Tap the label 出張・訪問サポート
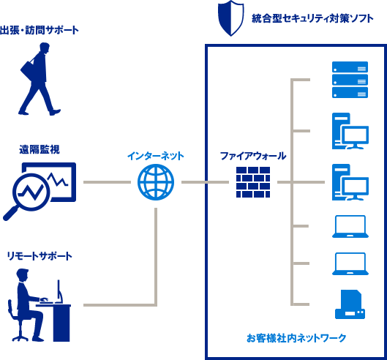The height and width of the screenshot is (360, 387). (x=40, y=31)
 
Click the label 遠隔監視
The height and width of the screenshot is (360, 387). (x=40, y=149)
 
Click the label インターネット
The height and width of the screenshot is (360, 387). (x=156, y=156)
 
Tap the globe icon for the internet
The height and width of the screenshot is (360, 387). (x=156, y=181)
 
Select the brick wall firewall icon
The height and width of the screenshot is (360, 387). (x=253, y=182)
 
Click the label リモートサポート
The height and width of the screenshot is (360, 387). (x=40, y=256)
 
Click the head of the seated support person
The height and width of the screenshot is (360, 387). (x=23, y=277)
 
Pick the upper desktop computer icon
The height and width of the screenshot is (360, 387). (x=348, y=130)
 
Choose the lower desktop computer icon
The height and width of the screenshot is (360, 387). (x=348, y=182)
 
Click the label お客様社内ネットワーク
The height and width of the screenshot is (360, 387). (x=296, y=338)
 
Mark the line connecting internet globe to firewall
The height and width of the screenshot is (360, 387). (x=200, y=181)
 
